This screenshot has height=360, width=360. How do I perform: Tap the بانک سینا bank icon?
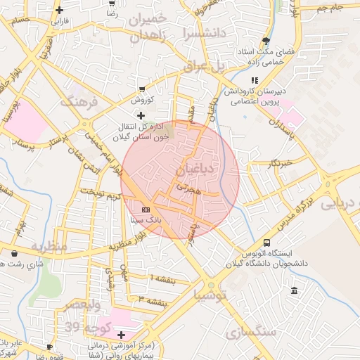click(x=146, y=210)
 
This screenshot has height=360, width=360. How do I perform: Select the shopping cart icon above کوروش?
click(x=142, y=89)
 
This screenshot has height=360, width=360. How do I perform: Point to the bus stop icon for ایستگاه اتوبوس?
click(x=266, y=243)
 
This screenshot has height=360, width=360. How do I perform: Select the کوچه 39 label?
click(x=84, y=327)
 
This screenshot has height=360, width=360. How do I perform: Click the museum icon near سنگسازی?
click(x=293, y=291)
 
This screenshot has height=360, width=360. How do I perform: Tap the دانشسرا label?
click(x=205, y=32)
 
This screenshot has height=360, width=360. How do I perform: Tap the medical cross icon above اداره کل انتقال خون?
click(x=141, y=115)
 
